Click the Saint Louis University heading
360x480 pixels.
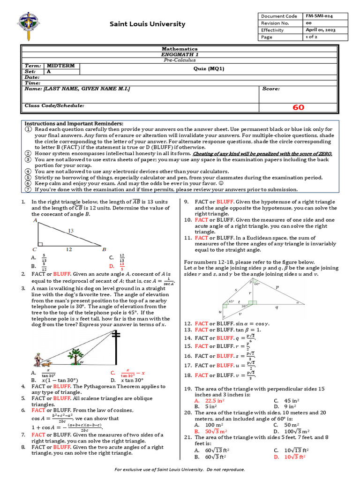click(147, 24)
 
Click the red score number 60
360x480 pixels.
click(298, 107)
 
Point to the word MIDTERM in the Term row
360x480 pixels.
click(61, 66)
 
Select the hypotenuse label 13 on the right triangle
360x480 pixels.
click(70, 231)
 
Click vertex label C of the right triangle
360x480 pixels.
click(34, 249)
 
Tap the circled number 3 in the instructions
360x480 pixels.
click(28, 159)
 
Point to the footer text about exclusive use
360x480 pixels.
click(180, 469)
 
